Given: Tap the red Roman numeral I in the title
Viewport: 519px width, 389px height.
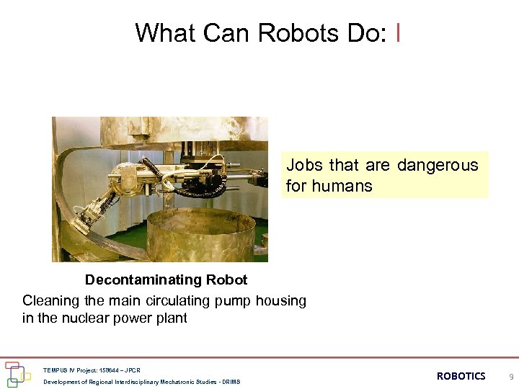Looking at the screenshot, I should coord(399,32).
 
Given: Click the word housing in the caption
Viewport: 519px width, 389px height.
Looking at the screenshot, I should coord(280,300).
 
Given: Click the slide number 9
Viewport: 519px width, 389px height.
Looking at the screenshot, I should coord(511,376).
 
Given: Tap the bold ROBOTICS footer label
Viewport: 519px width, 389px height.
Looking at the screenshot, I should coord(461,376).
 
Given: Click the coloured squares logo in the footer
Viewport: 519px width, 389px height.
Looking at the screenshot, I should coord(17,375).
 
